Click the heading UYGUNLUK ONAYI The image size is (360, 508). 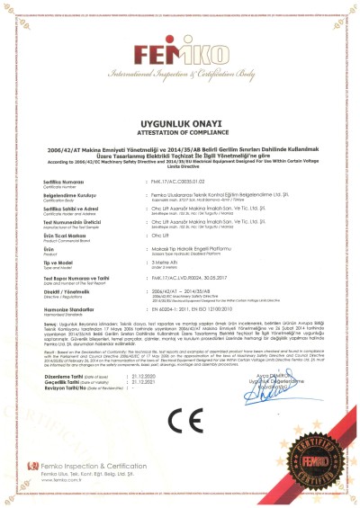[x=180, y=120]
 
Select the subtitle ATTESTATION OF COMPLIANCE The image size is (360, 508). [x=180, y=129]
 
